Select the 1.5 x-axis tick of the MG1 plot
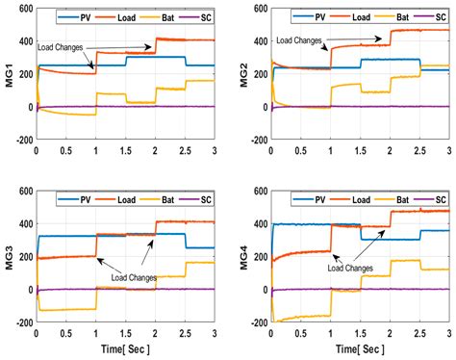click(125, 150)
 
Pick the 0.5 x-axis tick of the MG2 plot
click(300, 150)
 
